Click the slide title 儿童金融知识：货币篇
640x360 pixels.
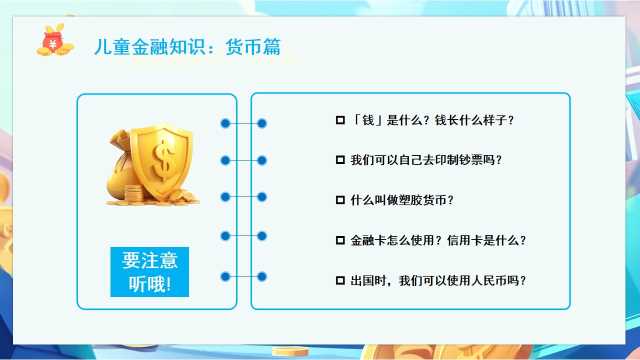click(x=187, y=47)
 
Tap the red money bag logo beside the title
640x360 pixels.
click(x=55, y=40)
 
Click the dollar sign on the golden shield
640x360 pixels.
click(x=163, y=159)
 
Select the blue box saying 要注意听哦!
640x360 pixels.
click(x=149, y=272)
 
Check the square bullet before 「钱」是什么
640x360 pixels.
click(x=340, y=120)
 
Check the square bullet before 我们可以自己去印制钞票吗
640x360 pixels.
click(x=340, y=160)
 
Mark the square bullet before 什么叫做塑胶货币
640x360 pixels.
click(x=340, y=200)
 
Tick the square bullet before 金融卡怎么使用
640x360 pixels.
click(x=340, y=240)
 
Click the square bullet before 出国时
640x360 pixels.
click(x=340, y=280)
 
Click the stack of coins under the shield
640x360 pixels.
click(x=134, y=194)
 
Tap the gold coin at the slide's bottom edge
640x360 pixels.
click(x=290, y=351)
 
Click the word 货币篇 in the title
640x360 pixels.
click(x=253, y=47)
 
